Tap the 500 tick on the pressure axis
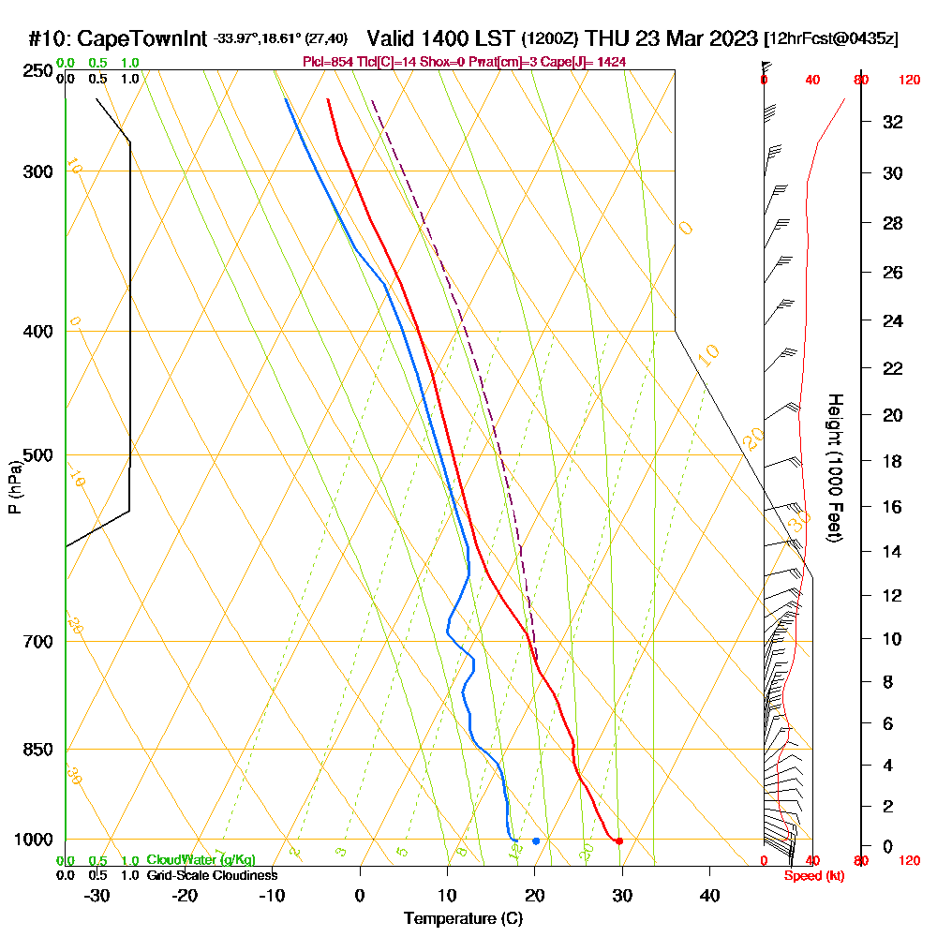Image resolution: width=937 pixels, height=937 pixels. click(38, 455)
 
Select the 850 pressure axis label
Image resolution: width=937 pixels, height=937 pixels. click(38, 750)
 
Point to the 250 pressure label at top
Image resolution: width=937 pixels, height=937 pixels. click(38, 71)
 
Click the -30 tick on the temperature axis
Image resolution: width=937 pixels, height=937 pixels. click(97, 895)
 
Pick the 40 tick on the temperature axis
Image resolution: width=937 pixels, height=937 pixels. click(709, 895)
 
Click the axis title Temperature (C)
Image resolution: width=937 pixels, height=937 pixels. click(463, 918)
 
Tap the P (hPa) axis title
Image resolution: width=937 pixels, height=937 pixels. click(14, 486)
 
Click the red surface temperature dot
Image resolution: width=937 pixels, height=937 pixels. click(619, 840)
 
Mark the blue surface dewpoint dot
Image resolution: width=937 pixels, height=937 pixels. click(536, 840)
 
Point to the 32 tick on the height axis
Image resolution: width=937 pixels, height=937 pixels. click(893, 121)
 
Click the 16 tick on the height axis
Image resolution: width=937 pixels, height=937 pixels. click(893, 507)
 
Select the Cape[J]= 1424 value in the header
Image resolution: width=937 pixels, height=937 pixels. click(594, 62)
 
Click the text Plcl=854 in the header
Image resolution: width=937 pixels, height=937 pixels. click(327, 62)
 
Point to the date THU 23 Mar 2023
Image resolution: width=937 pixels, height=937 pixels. click(671, 38)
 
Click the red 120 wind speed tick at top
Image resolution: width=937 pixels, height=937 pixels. click(908, 81)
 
